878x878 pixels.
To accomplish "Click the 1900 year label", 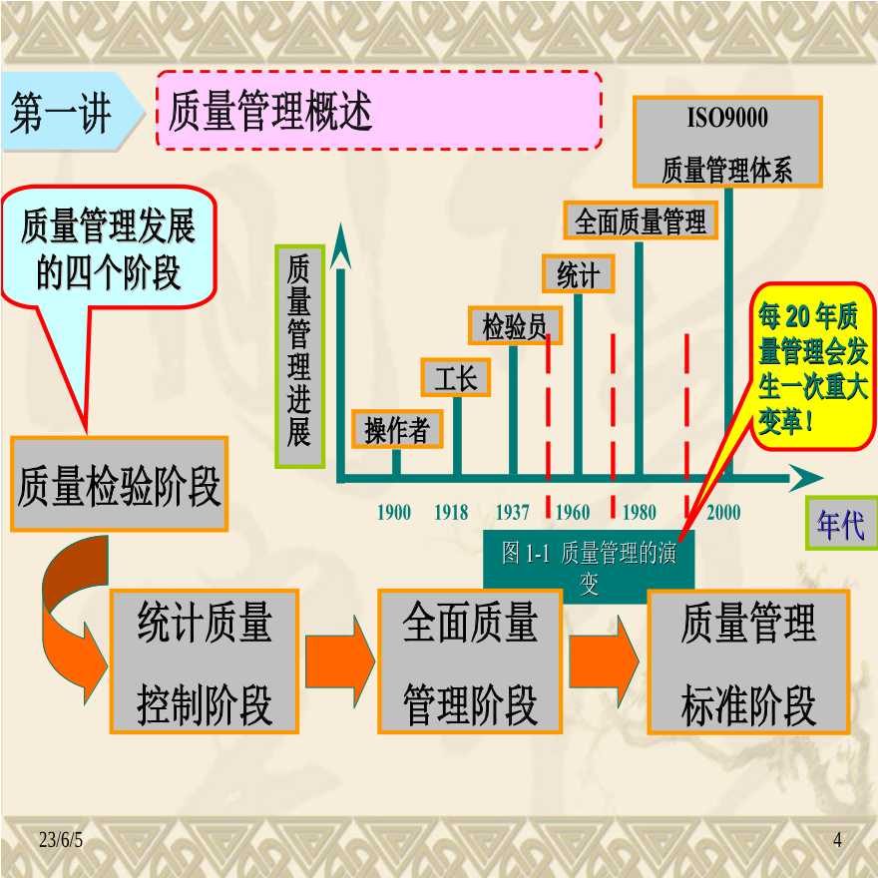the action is coord(394,512).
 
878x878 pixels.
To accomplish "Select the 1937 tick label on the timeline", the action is coord(513,512).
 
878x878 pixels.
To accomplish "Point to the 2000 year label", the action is coord(723,512).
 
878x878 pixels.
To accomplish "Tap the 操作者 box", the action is coord(397,429).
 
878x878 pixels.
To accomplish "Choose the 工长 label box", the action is coord(456,377).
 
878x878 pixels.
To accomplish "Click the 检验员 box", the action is coord(515,325).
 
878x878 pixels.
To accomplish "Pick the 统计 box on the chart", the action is coord(578,273).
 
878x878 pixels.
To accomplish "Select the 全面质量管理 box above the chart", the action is coord(640,220).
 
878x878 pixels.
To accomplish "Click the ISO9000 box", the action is coord(727,142).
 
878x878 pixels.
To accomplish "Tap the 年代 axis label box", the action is coord(841,524).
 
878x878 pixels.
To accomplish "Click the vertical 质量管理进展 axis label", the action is coord(299,356).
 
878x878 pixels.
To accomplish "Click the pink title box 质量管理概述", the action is coord(379,111).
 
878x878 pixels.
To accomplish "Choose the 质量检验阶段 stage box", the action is coord(120,484).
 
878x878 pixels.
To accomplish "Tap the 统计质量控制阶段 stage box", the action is coord(205,661).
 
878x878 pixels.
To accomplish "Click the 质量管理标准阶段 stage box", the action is coord(748,661).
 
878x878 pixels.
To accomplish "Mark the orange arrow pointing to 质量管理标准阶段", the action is coord(604,661).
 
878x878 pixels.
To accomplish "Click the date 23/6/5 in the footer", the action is coord(61,840).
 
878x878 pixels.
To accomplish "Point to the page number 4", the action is coord(837,840).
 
